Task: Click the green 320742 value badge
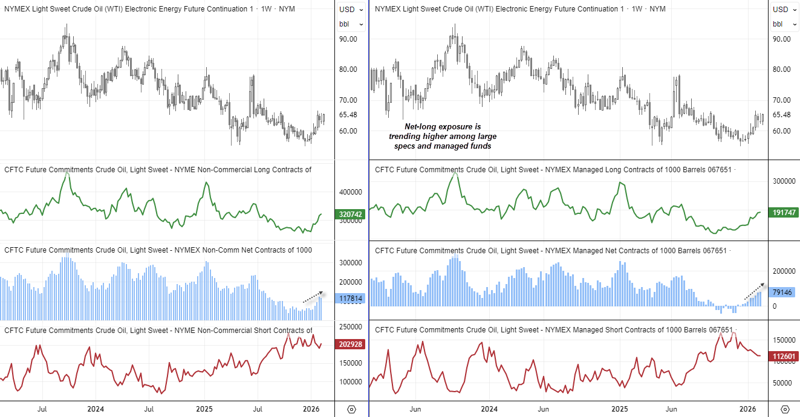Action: click(351, 214)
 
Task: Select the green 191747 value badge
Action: click(784, 213)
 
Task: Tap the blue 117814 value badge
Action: click(351, 299)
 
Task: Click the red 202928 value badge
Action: click(351, 344)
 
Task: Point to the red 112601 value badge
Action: click(784, 356)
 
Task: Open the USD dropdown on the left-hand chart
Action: click(351, 10)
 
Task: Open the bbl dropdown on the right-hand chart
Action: click(784, 24)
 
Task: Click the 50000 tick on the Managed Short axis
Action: click(782, 383)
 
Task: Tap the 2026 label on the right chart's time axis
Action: click(749, 409)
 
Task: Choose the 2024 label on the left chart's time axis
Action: click(96, 409)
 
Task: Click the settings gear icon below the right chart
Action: click(785, 409)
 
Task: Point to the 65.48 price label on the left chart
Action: click(349, 115)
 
